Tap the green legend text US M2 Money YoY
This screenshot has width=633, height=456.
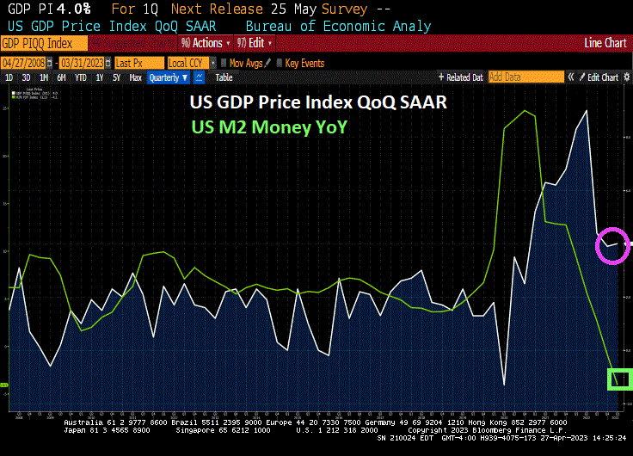pos(267,126)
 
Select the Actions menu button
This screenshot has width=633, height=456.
pos(206,42)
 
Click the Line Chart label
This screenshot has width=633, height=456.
pos(605,42)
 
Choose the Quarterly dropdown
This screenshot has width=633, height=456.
pos(168,77)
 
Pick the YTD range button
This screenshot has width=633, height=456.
pos(81,77)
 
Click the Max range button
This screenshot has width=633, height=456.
pos(135,77)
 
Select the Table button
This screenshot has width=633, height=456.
pos(224,77)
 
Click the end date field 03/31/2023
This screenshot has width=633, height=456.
pos(84,63)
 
